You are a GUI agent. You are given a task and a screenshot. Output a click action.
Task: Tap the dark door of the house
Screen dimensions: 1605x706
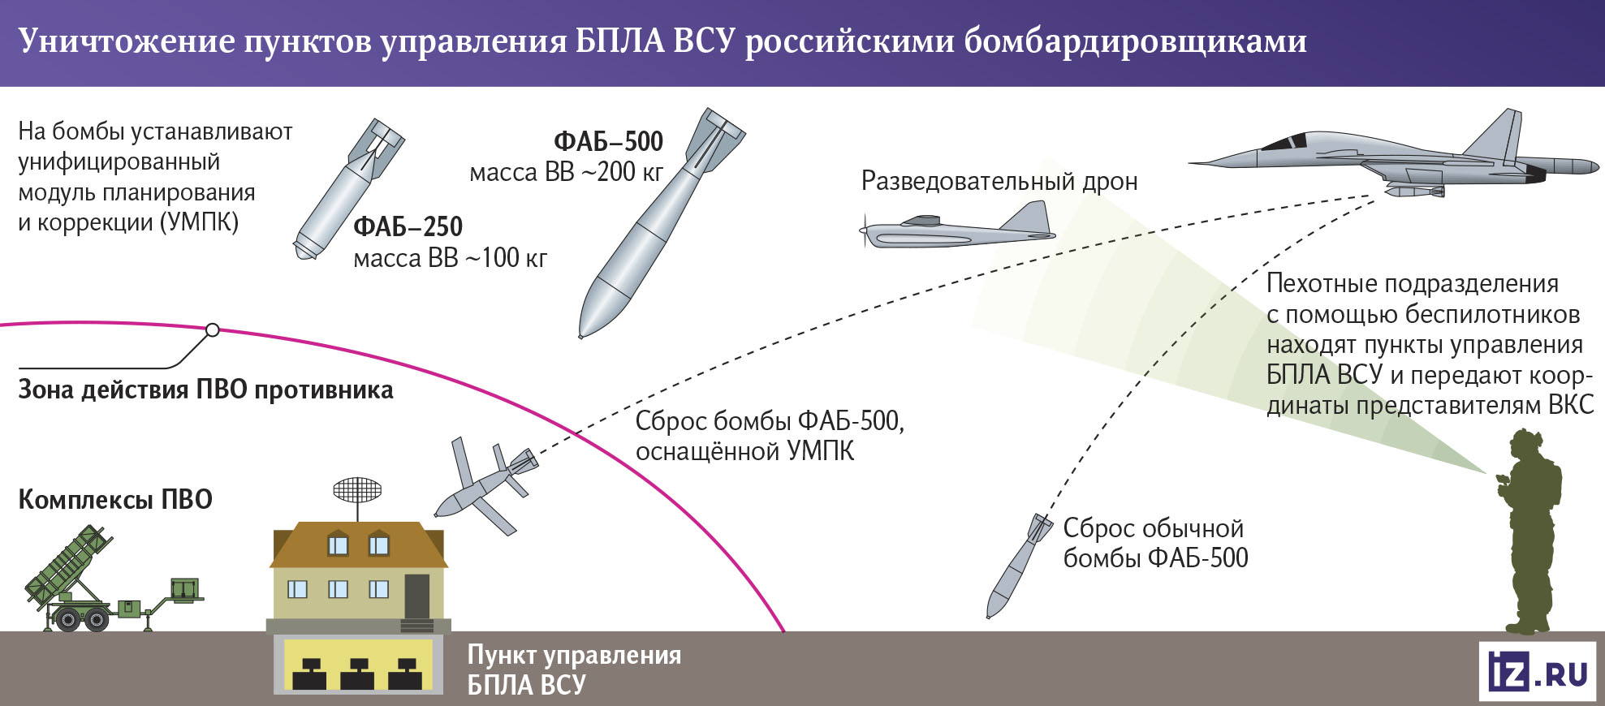point(416,596)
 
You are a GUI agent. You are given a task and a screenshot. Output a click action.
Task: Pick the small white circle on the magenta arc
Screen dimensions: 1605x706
point(212,330)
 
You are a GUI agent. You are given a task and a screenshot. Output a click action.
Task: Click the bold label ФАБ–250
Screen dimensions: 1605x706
point(408,226)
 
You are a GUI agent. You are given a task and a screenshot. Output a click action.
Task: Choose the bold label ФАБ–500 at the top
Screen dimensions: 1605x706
point(608,142)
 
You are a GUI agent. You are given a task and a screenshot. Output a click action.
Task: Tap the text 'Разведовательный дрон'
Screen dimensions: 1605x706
point(999,181)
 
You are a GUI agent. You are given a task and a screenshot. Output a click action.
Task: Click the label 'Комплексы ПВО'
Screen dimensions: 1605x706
point(115,499)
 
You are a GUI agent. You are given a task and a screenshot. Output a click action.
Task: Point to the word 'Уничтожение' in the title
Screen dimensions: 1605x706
point(127,41)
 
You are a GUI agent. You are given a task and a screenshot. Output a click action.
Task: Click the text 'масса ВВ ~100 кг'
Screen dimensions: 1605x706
point(451,259)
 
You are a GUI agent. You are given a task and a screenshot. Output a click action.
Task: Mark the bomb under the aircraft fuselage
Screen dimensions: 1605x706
point(1414,192)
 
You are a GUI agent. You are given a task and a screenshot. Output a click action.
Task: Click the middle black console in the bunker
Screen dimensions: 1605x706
point(357,674)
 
